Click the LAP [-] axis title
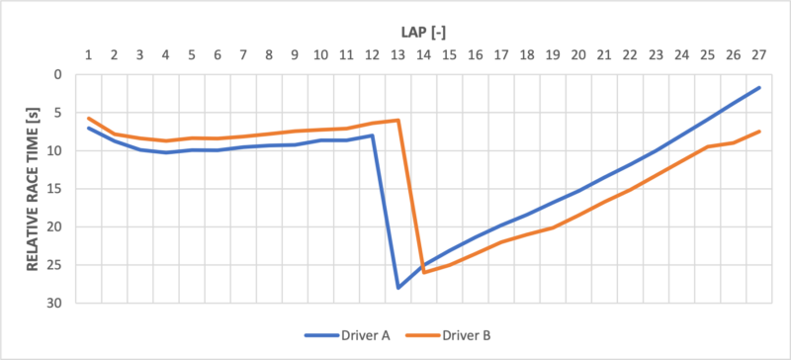(425, 33)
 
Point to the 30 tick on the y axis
(54, 303)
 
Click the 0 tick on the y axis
(58, 74)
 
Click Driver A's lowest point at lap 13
(397, 288)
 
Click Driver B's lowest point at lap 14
(424, 272)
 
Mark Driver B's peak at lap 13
(397, 120)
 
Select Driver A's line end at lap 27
(758, 88)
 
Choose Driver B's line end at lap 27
(758, 132)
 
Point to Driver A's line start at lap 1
(89, 128)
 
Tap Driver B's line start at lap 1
(89, 118)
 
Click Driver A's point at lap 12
(372, 135)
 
